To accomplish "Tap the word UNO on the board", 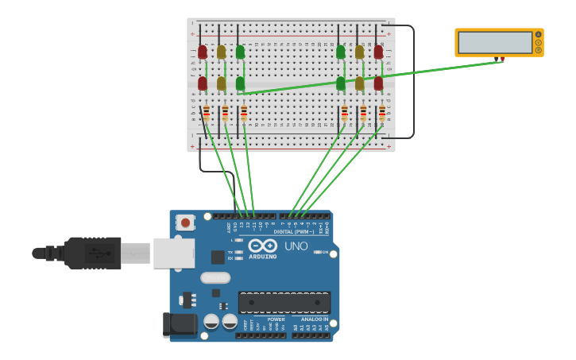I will [x=296, y=246].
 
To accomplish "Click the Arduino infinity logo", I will [x=262, y=246].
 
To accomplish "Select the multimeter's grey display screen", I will [x=494, y=43].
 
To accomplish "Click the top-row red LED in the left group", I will [x=203, y=52].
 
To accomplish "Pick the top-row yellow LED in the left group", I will [x=222, y=52].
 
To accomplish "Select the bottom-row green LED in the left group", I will [x=240, y=83].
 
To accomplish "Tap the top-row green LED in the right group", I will [x=341, y=52].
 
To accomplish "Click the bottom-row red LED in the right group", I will [x=378, y=83].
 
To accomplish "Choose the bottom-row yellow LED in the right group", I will [x=360, y=83].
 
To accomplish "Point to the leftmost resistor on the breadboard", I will [x=207, y=113].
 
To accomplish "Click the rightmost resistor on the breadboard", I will [x=382, y=113].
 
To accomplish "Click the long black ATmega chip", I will [x=284, y=303].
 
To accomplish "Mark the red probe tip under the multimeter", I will [x=501, y=60].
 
